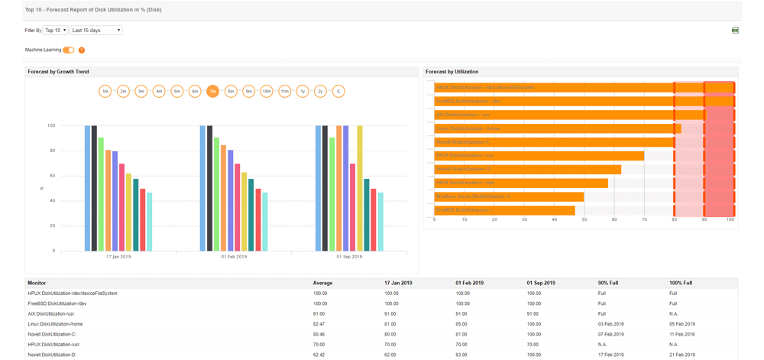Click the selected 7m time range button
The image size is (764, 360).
[x=212, y=91]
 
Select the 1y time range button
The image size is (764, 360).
[x=303, y=91]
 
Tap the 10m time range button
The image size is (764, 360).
[x=267, y=91]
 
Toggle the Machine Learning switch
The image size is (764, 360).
[x=69, y=50]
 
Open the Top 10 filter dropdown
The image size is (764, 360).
[x=56, y=31]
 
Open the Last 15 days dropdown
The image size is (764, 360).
[x=96, y=31]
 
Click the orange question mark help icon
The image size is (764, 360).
[x=82, y=50]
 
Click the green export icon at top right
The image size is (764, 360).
[x=735, y=31]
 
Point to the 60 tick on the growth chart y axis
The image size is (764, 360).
[x=51, y=176]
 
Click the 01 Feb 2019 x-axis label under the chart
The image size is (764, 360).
[x=234, y=257]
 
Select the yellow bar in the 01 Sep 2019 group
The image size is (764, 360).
[x=360, y=188]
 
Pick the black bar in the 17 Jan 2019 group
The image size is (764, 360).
[x=94, y=188]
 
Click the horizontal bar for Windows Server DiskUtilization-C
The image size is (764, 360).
[x=509, y=196]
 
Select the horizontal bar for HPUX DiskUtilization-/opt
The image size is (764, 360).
[x=521, y=183]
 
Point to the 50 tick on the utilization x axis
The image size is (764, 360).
[x=584, y=219]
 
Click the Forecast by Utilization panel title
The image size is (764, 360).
[x=452, y=72]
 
